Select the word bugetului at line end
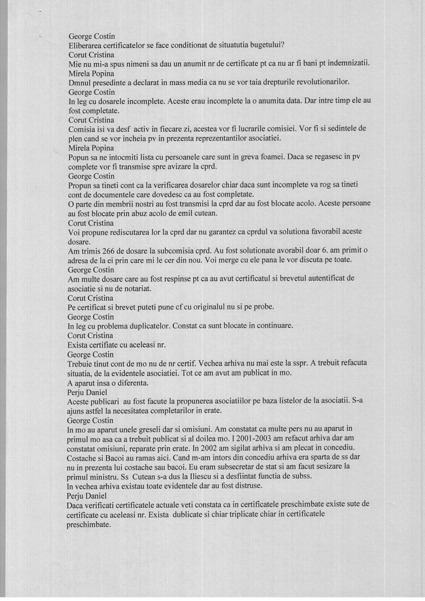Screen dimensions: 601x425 coord(268,45)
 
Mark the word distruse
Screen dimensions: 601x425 coord(248,485)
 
